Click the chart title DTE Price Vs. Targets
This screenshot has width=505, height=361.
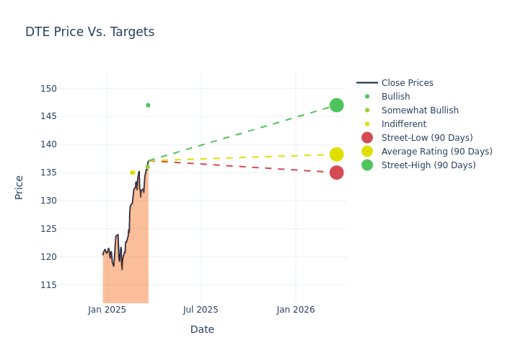[89, 32]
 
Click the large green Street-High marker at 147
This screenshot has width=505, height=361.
[336, 105]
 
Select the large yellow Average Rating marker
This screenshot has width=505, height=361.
[336, 155]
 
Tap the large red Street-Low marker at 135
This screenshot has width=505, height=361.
[336, 173]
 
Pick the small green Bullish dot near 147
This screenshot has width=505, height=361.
[148, 105]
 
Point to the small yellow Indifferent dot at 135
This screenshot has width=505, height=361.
[132, 173]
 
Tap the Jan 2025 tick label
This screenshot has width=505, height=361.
[107, 310]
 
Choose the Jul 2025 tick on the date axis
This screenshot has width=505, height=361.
[201, 310]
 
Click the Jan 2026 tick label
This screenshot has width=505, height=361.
[295, 310]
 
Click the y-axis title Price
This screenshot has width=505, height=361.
[19, 187]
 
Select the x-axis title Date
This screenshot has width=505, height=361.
[202, 330]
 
